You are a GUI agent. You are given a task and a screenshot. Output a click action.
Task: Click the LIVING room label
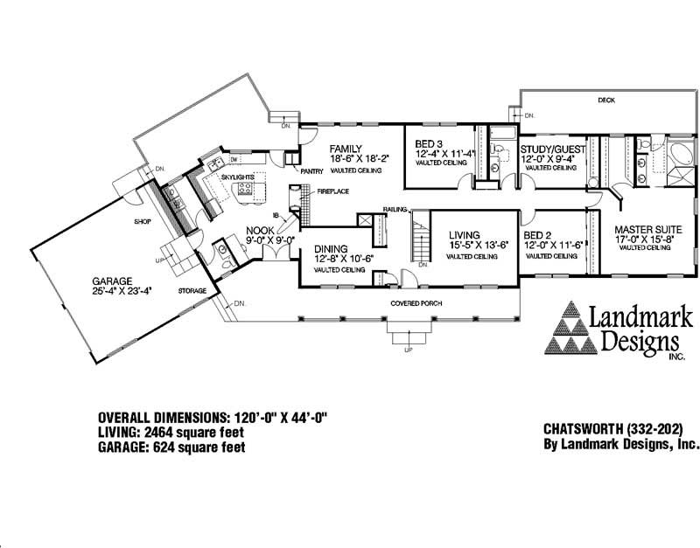click(466, 235)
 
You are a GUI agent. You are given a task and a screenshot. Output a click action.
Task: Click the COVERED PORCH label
click(416, 303)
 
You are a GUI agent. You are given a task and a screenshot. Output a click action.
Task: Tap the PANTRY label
click(312, 172)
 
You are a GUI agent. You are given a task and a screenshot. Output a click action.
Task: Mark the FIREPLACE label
click(333, 191)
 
